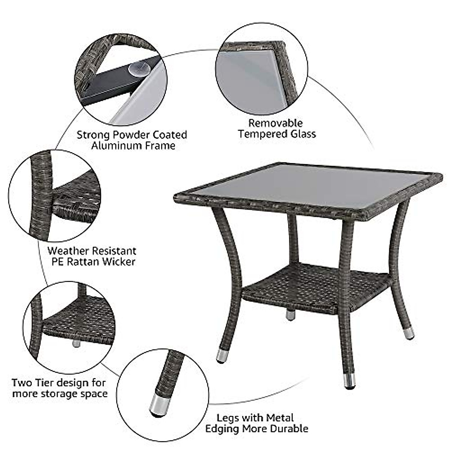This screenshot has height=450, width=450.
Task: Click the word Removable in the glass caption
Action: [276, 123]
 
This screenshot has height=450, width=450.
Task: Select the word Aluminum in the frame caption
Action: [113, 146]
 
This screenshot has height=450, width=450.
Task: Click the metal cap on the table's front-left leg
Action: [222, 356]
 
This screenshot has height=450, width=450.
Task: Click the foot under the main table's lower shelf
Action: [290, 315]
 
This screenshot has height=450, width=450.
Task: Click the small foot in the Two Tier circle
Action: [76, 343]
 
